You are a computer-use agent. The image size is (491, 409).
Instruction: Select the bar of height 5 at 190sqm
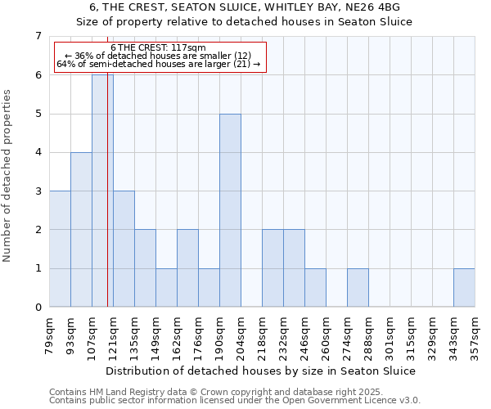click(x=230, y=210)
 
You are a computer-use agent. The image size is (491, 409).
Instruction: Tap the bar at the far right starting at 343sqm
click(x=464, y=288)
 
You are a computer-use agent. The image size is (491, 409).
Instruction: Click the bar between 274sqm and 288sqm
click(x=358, y=288)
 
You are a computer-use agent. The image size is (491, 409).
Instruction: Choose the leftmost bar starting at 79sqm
click(x=60, y=249)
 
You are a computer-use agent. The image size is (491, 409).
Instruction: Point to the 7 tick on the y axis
click(x=37, y=36)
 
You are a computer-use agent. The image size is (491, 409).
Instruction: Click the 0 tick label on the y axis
click(x=37, y=308)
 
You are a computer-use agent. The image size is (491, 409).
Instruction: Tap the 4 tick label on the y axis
click(x=37, y=152)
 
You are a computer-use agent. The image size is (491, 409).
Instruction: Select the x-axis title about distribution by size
click(x=261, y=371)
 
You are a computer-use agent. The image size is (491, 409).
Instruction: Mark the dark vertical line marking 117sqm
click(x=108, y=204)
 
